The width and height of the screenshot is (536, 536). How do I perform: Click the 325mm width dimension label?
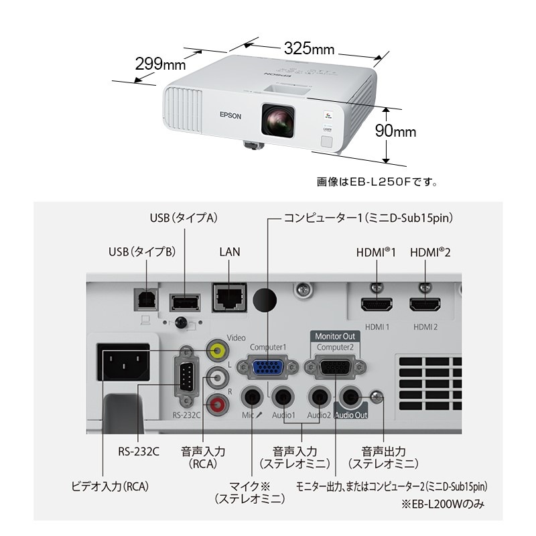(309, 49)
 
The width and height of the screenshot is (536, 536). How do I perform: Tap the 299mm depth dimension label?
(160, 64)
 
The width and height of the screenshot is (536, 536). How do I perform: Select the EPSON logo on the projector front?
(229, 115)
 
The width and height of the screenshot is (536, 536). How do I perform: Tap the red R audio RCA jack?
(216, 404)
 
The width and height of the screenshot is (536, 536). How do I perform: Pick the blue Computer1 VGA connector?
(269, 367)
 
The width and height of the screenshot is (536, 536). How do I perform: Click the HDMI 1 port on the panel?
(378, 306)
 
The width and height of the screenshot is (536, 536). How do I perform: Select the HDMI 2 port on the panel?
(425, 306)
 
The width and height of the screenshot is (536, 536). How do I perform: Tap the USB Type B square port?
(145, 299)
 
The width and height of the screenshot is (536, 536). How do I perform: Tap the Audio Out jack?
(350, 398)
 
